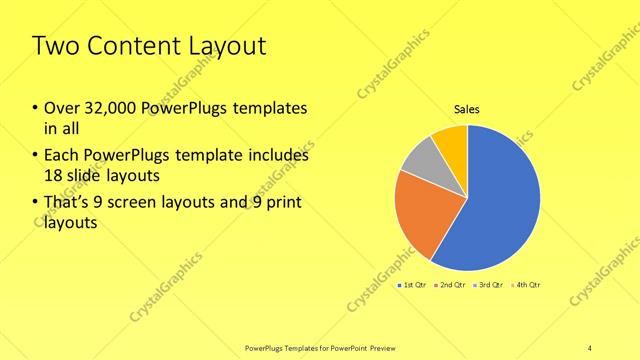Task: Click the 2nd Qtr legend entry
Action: coord(452,286)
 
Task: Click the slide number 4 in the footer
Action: coord(589,347)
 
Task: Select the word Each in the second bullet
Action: coord(59,155)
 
